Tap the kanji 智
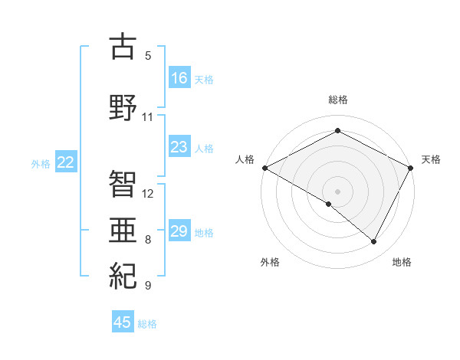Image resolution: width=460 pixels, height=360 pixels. pyautogui.click(x=123, y=182)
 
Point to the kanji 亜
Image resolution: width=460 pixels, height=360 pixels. pyautogui.click(x=123, y=227)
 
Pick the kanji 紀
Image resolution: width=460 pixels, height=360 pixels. pyautogui.click(x=123, y=274)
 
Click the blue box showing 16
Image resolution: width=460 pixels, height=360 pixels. pyautogui.click(x=179, y=77)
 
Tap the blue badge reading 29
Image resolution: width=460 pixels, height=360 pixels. pyautogui.click(x=179, y=231)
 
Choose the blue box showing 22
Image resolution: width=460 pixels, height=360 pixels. pyautogui.click(x=66, y=162)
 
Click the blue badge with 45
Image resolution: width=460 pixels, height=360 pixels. pyautogui.click(x=123, y=322)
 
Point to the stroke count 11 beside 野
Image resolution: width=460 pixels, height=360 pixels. pyautogui.click(x=147, y=117)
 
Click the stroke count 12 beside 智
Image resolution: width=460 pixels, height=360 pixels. pyautogui.click(x=148, y=193)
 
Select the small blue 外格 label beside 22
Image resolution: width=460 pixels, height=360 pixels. pyautogui.click(x=41, y=163)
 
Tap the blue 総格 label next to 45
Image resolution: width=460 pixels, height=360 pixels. pyautogui.click(x=147, y=324)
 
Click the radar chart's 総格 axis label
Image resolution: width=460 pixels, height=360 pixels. pyautogui.click(x=337, y=100)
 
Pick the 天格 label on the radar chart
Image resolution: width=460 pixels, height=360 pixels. pyautogui.click(x=431, y=159)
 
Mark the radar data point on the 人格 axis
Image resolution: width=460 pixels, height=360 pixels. pyautogui.click(x=264, y=168)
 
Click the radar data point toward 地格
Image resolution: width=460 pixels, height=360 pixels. pyautogui.click(x=374, y=241)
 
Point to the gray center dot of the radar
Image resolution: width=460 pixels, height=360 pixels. pyautogui.click(x=337, y=191)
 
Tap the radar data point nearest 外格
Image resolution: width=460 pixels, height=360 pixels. pyautogui.click(x=329, y=204)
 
